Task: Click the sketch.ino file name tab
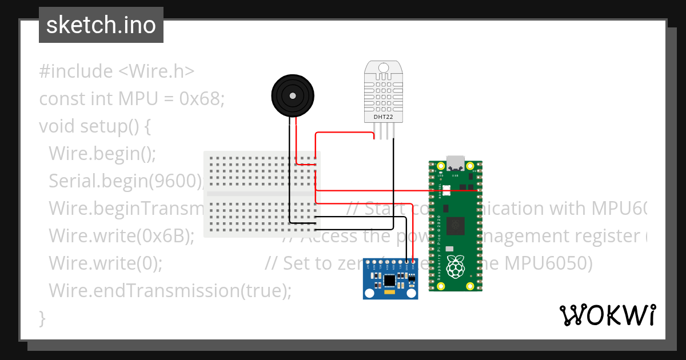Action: tap(101, 25)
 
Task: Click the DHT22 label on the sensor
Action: tap(383, 117)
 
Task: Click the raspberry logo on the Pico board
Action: tap(456, 266)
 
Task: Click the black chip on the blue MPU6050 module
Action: tap(390, 281)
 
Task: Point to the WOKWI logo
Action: tap(607, 315)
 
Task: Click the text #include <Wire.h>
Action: tap(117, 71)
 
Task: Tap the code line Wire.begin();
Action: tap(102, 153)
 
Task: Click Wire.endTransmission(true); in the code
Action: tap(170, 290)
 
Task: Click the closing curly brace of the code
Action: tap(42, 318)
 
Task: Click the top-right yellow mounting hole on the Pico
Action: tap(470, 167)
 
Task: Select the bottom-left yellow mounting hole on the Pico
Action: tap(440, 286)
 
